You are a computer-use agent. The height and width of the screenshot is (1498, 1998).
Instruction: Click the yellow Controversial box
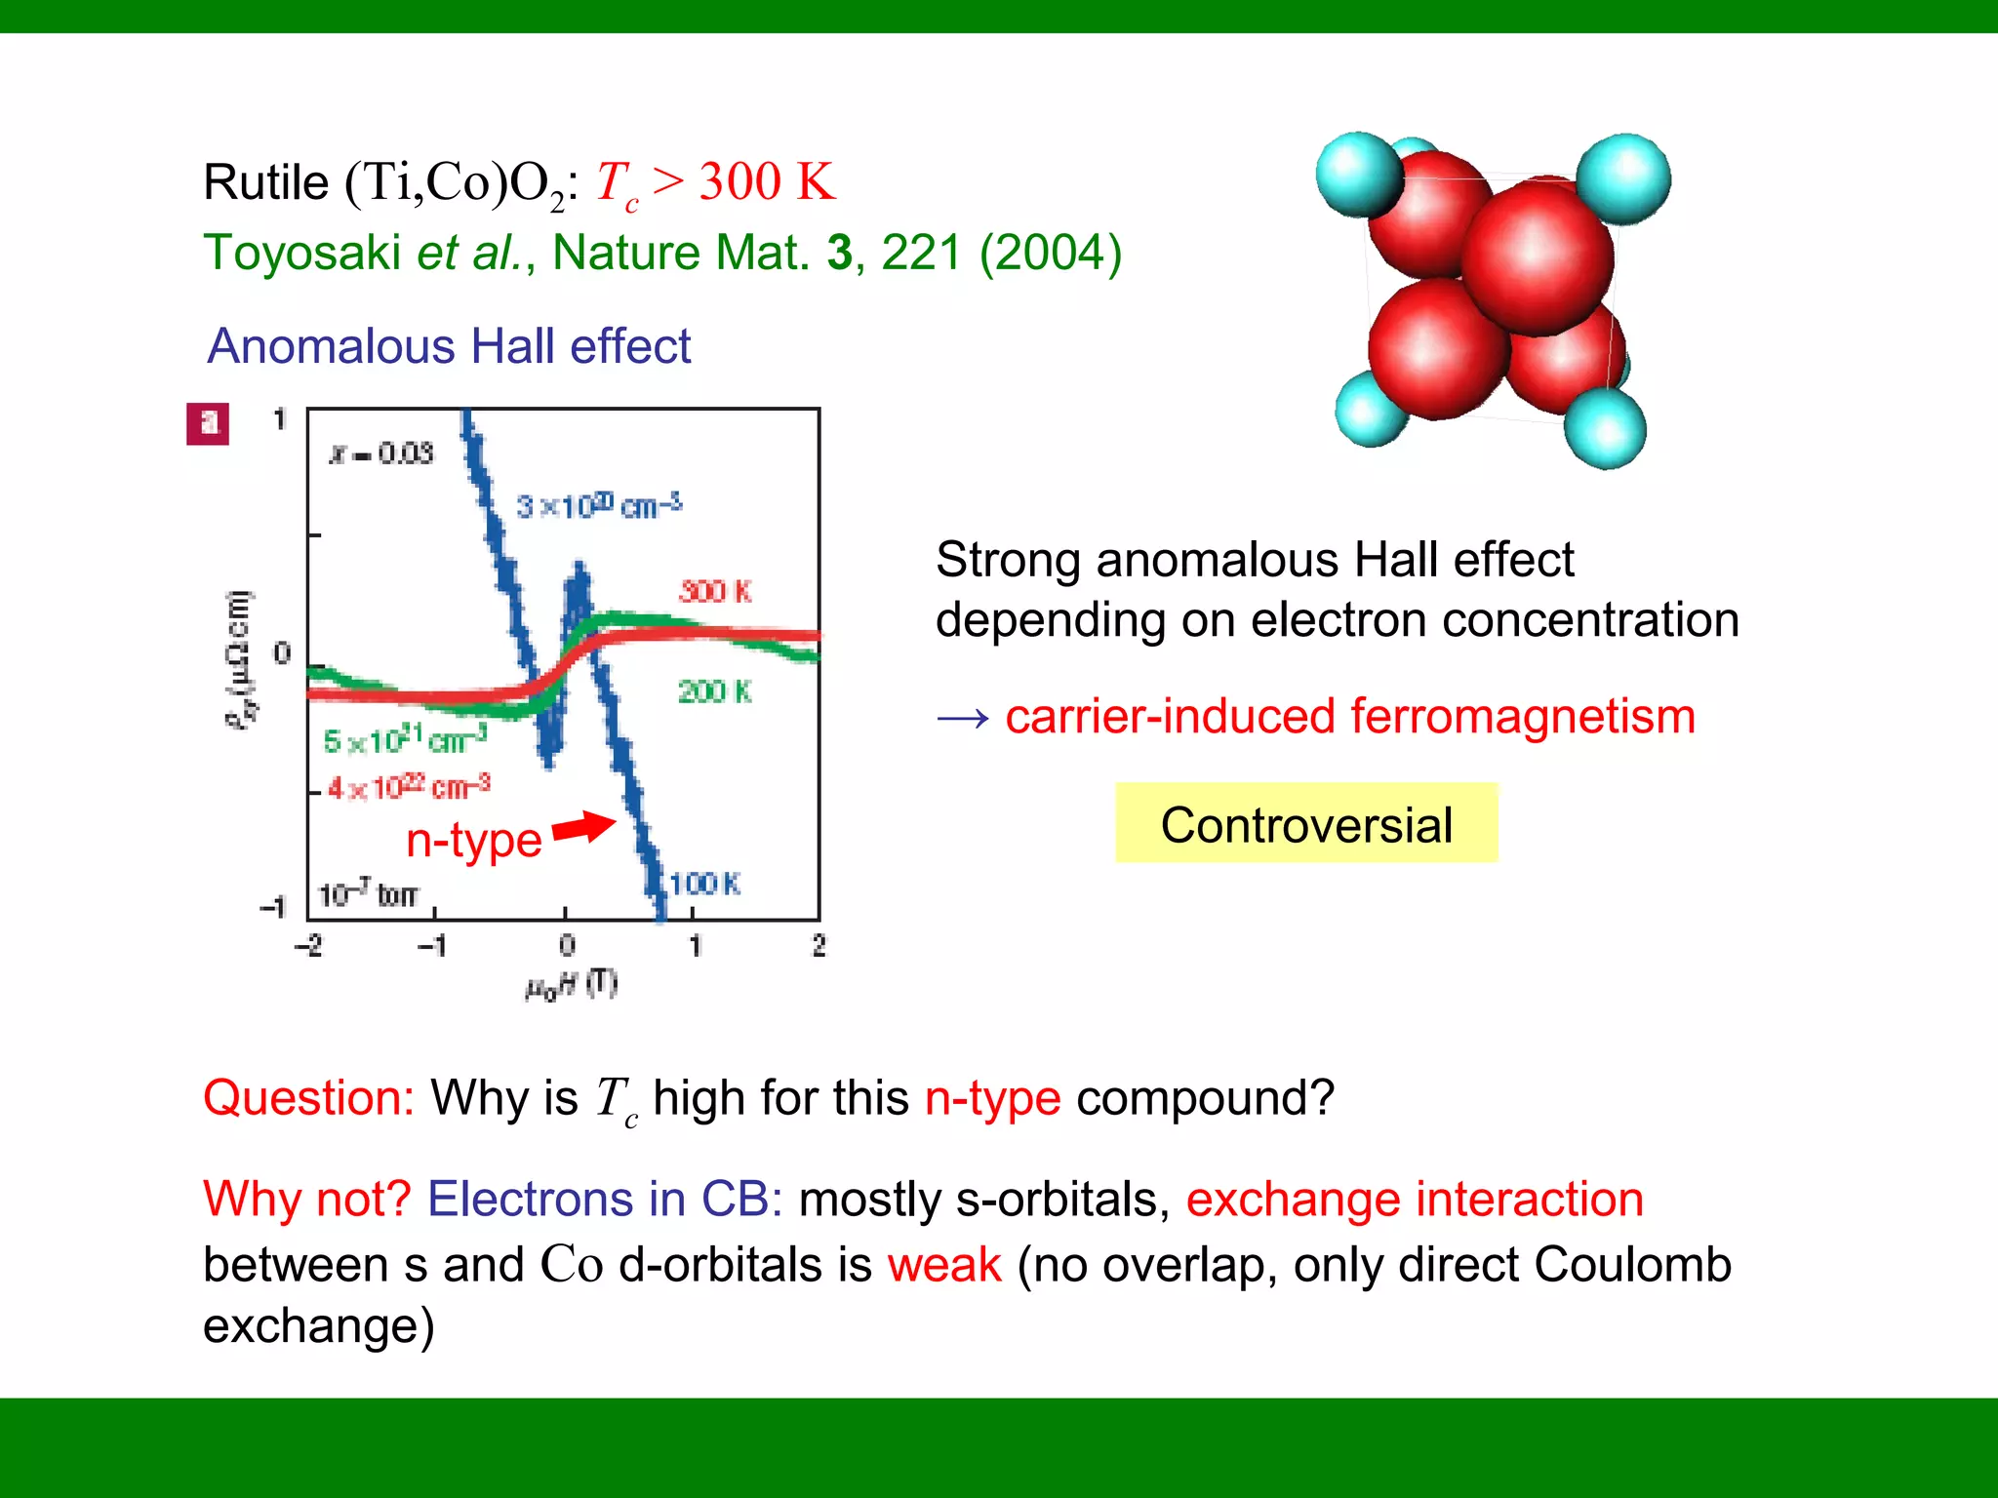click(1305, 824)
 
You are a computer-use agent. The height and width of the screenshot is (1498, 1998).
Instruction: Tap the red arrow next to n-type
click(583, 827)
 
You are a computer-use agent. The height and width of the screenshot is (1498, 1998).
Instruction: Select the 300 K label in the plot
click(715, 591)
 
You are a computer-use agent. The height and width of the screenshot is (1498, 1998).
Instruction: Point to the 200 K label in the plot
click(715, 691)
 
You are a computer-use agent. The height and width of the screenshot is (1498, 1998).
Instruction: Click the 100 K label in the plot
click(704, 884)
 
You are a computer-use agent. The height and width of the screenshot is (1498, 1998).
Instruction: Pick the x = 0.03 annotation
click(381, 453)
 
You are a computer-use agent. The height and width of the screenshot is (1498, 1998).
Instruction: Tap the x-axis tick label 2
click(819, 945)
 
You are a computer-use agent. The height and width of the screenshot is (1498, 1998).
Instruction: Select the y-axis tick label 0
click(282, 652)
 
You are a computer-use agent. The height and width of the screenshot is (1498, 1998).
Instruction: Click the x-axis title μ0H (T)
click(571, 985)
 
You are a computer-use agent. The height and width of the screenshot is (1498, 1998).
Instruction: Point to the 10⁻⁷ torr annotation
click(368, 893)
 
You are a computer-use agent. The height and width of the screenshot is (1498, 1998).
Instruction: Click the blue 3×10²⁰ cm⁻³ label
click(598, 506)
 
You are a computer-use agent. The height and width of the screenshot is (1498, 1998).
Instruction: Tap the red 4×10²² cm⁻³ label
click(409, 787)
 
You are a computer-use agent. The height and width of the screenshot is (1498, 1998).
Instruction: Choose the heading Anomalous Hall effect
click(449, 346)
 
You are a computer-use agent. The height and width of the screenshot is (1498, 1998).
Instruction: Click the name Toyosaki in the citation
click(301, 253)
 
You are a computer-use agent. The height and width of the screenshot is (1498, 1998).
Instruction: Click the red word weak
click(944, 1265)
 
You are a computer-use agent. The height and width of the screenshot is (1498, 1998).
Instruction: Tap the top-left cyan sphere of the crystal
click(1357, 174)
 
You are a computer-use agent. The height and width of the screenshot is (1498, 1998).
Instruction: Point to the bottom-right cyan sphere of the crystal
click(1604, 428)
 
